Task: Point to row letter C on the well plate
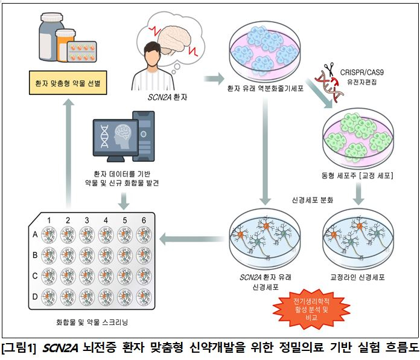tap(34, 275)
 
